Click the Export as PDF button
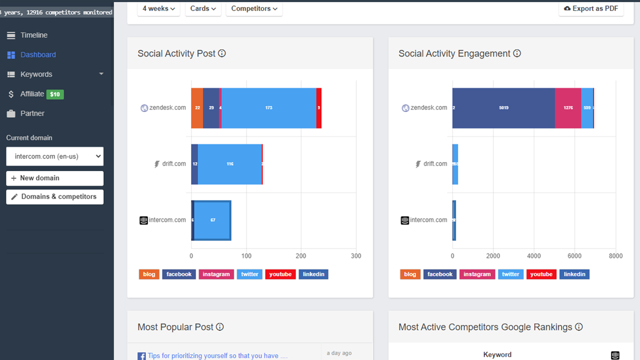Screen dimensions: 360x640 tap(591, 8)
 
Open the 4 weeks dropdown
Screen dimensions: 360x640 tap(159, 8)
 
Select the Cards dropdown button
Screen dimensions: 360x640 tap(203, 8)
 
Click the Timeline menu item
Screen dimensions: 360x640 tap(34, 35)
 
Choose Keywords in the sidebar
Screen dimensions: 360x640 tap(36, 74)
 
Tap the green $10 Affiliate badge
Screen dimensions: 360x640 tap(55, 94)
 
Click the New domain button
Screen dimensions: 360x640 tap(55, 178)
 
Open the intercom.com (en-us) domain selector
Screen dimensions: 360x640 tap(55, 156)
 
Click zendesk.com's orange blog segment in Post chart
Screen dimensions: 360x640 tap(197, 108)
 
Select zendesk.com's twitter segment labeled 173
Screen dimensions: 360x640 tap(269, 108)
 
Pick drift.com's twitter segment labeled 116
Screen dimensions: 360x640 tap(230, 164)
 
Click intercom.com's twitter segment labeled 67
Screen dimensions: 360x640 tap(213, 220)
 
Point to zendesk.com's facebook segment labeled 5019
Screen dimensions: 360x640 tap(504, 108)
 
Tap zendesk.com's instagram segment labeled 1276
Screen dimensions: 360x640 tap(568, 108)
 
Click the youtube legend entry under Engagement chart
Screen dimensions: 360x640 tap(541, 274)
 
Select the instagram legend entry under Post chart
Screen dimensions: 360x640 tap(216, 274)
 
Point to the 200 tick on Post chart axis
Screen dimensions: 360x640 tap(301, 256)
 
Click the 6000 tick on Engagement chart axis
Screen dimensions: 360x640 tap(574, 256)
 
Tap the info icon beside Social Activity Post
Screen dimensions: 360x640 tap(222, 53)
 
